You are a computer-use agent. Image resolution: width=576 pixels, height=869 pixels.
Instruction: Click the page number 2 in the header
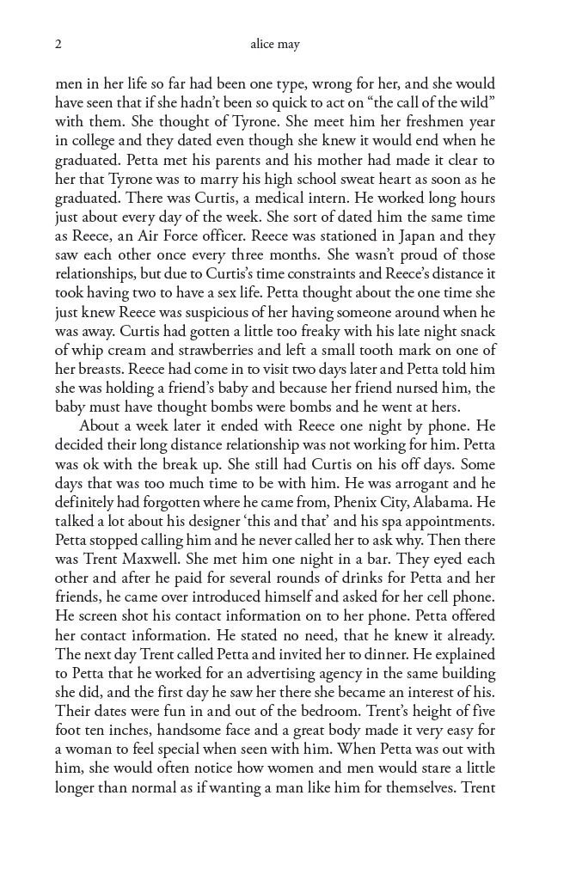[58, 44]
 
